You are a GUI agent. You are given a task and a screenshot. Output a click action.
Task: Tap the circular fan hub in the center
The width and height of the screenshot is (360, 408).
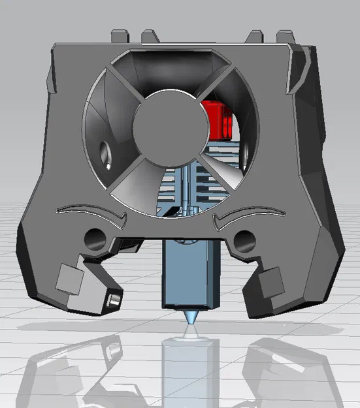165,123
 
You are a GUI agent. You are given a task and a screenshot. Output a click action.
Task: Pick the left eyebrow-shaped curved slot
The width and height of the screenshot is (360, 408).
92,211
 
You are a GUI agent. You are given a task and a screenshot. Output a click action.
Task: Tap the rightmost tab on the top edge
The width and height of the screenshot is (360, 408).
285,34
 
